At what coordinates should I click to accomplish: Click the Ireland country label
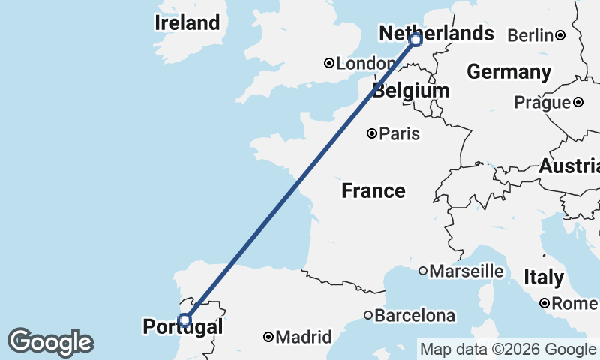pos(187,22)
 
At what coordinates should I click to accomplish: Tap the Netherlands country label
pos(436,34)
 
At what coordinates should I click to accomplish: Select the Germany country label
pos(508,72)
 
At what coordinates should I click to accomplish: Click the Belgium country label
pos(411,91)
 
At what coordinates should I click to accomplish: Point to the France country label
pos(373,191)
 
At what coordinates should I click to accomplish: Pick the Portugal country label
pos(182,327)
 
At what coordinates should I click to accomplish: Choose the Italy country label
pos(544,277)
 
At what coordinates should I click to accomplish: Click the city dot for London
pos(328,64)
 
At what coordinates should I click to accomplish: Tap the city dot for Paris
pos(372,134)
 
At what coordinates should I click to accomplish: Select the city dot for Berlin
pos(560,35)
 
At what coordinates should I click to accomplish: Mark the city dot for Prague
pos(578,103)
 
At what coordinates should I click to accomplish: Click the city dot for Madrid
pos(268,337)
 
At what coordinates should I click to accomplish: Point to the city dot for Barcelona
pos(368,316)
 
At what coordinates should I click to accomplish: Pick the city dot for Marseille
pos(423,270)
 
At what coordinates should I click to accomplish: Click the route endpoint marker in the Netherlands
pos(415,39)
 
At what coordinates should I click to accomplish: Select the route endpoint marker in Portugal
pos(184,320)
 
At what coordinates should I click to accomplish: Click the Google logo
pos(50,342)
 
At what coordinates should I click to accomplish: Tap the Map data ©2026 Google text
pos(507,349)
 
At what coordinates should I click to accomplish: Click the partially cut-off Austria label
pos(569,166)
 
